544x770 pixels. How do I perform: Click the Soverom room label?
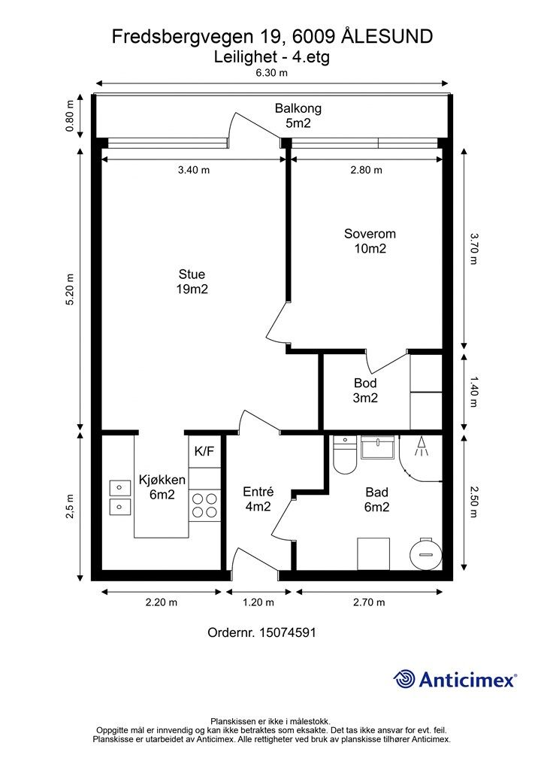tap(370, 234)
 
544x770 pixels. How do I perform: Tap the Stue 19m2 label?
tap(192, 281)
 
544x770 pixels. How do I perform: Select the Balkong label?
tap(298, 108)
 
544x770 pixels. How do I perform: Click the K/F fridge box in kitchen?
tap(204, 451)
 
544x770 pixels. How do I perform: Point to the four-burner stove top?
tap(204, 506)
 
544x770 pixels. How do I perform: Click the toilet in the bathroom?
tap(344, 455)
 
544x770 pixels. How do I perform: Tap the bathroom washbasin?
tap(377, 447)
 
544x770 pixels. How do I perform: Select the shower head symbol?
tap(421, 447)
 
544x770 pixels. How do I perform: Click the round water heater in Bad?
tap(426, 554)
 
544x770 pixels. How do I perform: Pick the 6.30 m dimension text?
tap(272, 73)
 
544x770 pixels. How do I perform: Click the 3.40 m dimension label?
tap(194, 170)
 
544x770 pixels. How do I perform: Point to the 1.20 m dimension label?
tap(258, 602)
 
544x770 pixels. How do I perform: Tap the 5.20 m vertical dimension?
tap(70, 289)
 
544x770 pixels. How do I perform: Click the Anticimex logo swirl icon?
tap(404, 679)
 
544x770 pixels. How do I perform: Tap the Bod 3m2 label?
tap(365, 390)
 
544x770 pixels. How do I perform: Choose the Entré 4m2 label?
tap(258, 499)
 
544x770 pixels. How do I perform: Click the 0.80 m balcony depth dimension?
tap(70, 116)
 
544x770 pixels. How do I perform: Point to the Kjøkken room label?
tap(162, 480)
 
